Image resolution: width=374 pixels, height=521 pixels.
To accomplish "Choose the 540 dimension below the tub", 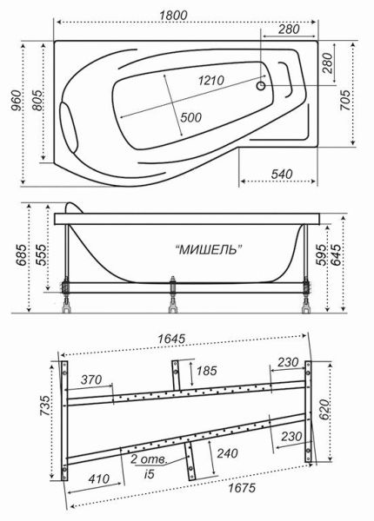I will coord(280,174).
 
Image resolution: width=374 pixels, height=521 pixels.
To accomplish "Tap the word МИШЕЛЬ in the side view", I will coord(209,249).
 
